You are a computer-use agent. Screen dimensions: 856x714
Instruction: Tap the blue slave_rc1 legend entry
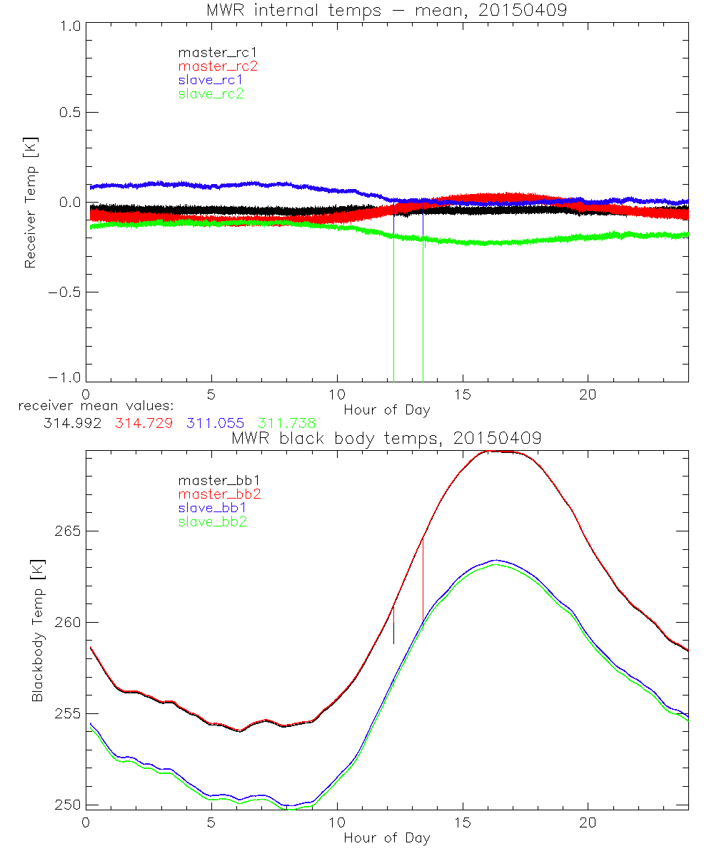pos(211,80)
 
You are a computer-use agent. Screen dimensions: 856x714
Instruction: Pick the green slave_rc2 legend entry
pos(211,93)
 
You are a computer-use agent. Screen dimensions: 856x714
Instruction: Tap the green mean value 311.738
pos(287,423)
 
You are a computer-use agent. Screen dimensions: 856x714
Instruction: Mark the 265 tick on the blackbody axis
pos(68,531)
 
